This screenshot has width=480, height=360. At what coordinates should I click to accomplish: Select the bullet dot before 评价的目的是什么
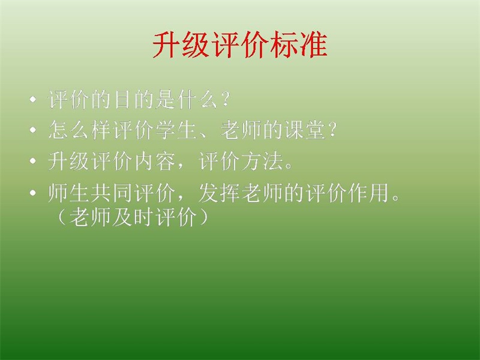tap(33, 100)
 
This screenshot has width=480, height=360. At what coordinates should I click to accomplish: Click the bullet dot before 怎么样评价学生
tap(33, 130)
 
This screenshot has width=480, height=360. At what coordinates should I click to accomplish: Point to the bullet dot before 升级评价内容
tap(33, 161)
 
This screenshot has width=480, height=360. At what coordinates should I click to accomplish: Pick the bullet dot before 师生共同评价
tap(33, 193)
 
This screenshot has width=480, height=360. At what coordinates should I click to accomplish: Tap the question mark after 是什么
tap(226, 99)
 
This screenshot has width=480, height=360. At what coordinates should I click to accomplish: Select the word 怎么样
tap(80, 130)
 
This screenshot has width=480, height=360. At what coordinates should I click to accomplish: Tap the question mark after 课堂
tap(333, 130)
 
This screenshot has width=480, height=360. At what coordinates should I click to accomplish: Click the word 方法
tap(262, 161)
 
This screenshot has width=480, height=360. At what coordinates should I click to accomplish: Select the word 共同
tap(112, 193)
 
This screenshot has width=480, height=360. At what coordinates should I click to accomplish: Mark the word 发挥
tap(219, 193)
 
